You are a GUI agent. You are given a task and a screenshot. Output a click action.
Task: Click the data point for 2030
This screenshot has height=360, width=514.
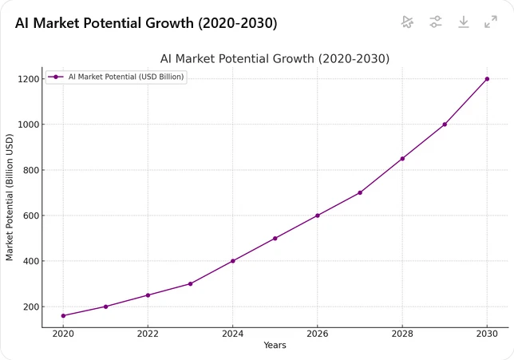pos(487,79)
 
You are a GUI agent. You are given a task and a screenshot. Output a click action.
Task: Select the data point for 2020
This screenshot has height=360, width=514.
pos(63,315)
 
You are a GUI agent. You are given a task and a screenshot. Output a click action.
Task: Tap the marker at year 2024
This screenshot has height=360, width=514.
pos(232,261)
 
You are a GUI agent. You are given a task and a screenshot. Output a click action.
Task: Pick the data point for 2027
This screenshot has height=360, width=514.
pos(360,192)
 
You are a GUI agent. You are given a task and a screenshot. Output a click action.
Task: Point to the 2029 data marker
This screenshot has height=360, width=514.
pos(445,125)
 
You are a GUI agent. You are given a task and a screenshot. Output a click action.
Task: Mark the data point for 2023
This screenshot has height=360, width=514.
pos(190,283)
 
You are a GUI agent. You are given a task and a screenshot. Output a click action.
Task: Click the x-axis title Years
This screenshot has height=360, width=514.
pos(275,346)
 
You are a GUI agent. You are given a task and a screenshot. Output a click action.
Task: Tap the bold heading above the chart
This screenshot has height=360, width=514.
pos(146,23)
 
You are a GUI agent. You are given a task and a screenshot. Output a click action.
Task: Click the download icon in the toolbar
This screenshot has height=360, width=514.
pos(464,22)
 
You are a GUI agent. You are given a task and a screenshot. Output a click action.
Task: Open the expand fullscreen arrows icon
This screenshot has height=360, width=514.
pos(491,22)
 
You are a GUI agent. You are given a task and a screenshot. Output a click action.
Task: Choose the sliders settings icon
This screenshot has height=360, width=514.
pos(436,22)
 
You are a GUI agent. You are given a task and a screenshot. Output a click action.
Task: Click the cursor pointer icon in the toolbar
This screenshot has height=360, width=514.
pos(408,22)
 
